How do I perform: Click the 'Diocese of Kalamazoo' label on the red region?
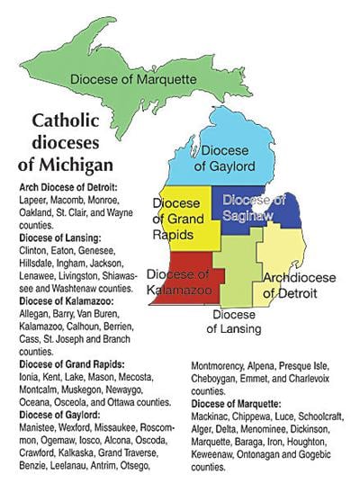[177, 281]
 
